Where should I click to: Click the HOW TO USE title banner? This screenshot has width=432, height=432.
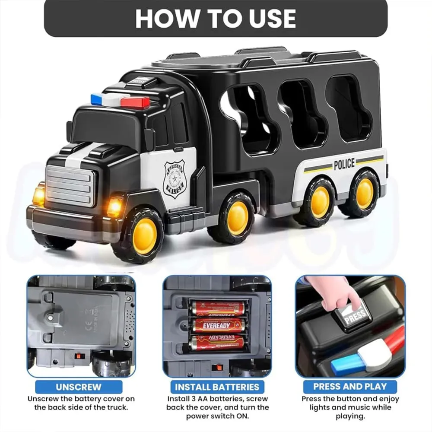(x=216, y=18)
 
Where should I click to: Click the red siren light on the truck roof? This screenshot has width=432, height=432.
(x=135, y=102)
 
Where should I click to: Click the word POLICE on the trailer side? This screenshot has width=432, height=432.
(x=344, y=164)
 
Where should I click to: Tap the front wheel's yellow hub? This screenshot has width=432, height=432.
(x=145, y=235)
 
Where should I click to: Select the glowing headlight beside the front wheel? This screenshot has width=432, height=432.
(x=115, y=206)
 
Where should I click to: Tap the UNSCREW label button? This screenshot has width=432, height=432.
(x=79, y=387)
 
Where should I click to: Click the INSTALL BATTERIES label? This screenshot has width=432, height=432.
(x=217, y=387)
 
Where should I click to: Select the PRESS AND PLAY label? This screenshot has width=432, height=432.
(x=350, y=387)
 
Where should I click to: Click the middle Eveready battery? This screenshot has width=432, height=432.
(x=218, y=325)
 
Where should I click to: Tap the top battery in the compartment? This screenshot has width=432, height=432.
(x=218, y=308)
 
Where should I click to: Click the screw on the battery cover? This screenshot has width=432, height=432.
(x=53, y=317)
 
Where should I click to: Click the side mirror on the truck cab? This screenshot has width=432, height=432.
(x=149, y=139)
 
